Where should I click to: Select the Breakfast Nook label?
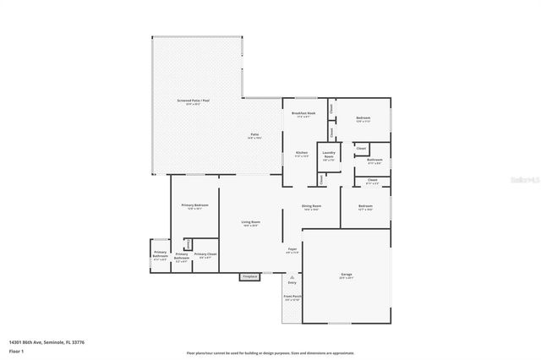pos(303,114)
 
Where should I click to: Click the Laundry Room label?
pos(329,155)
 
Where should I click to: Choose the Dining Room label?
pos(312,207)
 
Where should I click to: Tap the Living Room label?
pos(251,223)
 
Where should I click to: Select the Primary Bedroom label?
pos(194,206)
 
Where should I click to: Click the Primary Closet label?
pos(205,255)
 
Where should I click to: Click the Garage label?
pos(347,275)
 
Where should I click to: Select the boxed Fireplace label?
pos(249,276)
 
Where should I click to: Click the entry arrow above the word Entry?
pos(292,275)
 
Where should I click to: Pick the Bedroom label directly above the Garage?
pos(366,207)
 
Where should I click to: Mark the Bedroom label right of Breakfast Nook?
pos(363,118)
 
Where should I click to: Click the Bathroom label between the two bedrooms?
pos(374,161)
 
